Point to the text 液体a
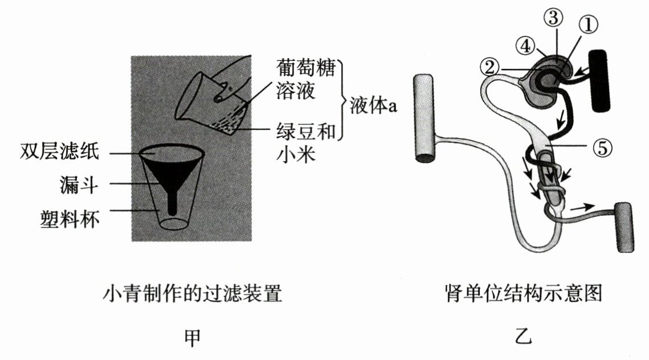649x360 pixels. point(369,106)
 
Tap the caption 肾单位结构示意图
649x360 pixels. point(523,294)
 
